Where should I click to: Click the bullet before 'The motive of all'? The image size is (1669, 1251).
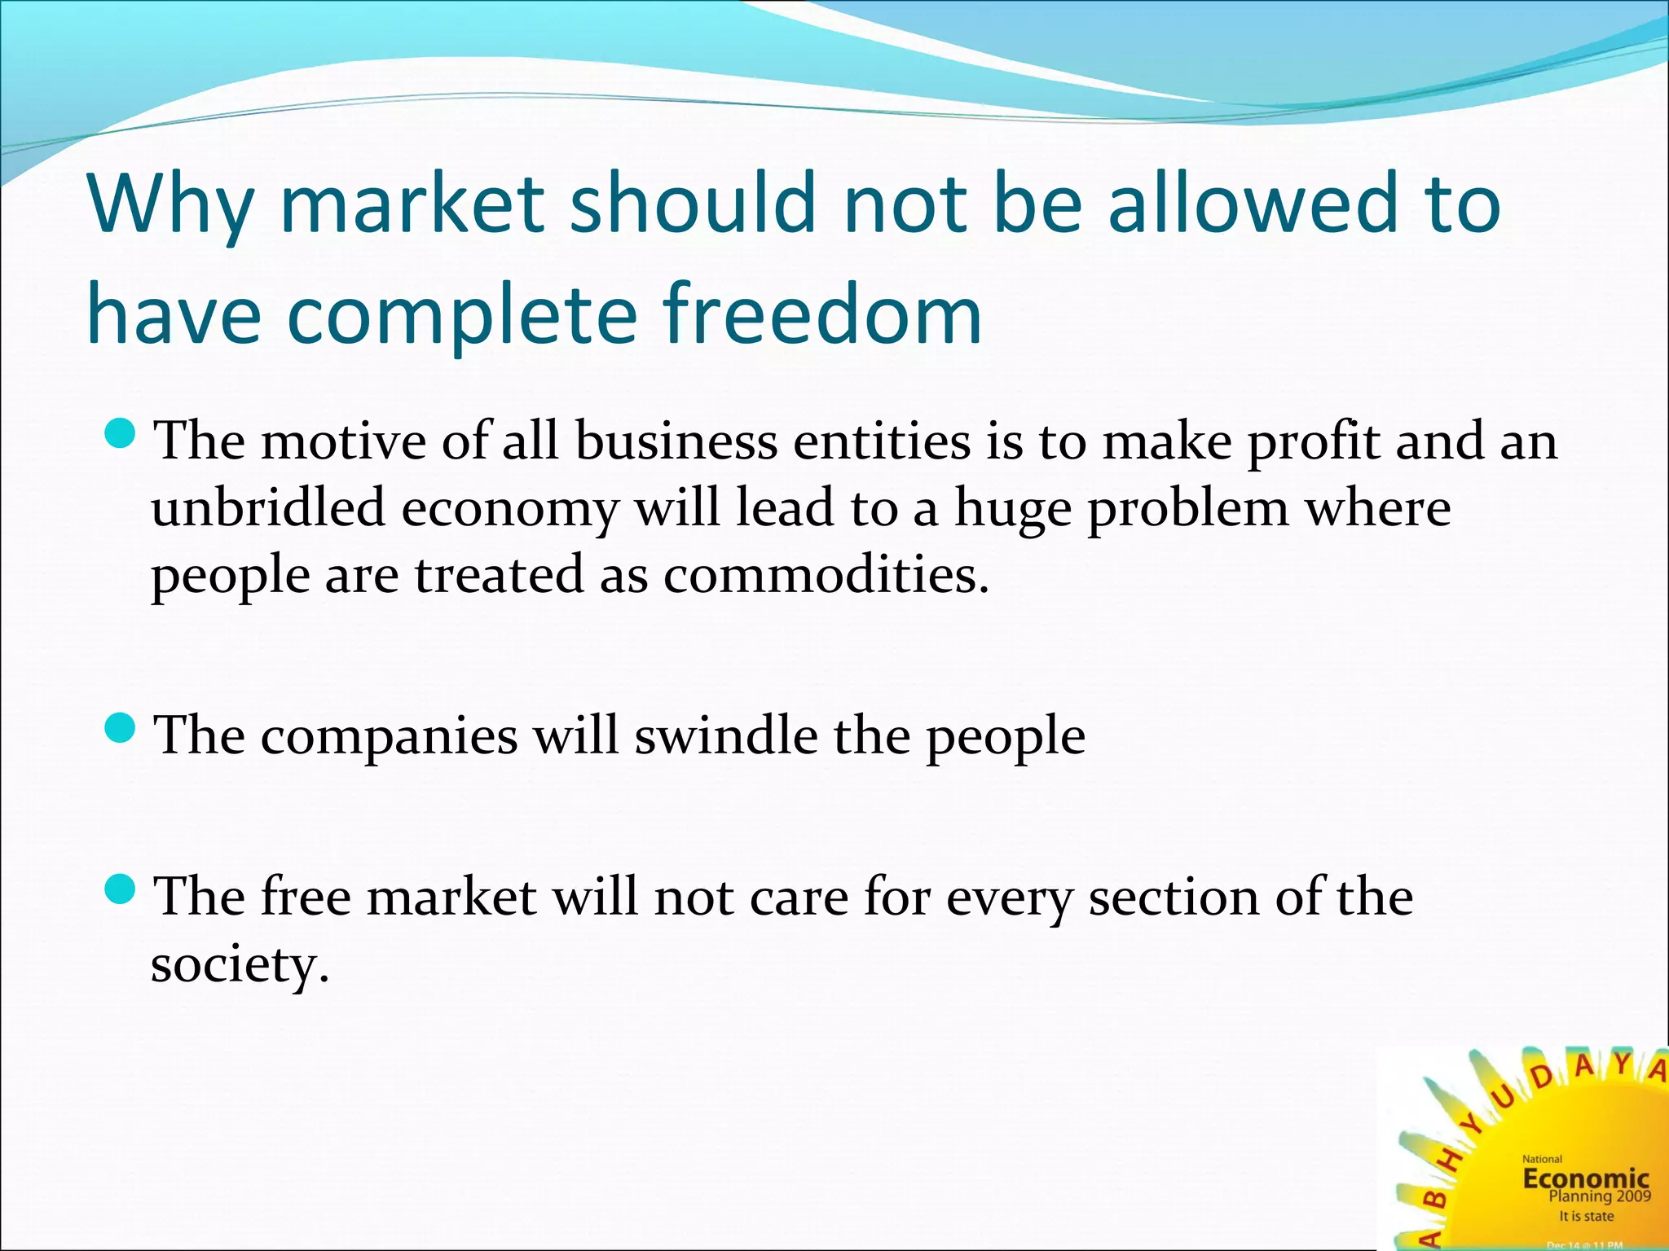pos(121,434)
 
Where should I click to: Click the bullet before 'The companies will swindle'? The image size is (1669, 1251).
pos(121,728)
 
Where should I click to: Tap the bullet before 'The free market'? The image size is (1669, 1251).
pos(121,889)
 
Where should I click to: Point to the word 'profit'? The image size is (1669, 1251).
pos(1313,444)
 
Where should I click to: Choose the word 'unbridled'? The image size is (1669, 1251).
pos(268,508)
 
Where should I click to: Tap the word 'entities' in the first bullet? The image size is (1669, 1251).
pos(883,442)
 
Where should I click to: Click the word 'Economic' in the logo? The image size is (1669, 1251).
pos(1586,1178)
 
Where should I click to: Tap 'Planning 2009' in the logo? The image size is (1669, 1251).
pos(1599,1196)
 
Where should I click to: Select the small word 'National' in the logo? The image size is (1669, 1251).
pos(1542,1159)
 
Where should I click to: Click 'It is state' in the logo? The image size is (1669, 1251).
pos(1586,1216)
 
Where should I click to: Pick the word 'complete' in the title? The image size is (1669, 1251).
pos(462,315)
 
